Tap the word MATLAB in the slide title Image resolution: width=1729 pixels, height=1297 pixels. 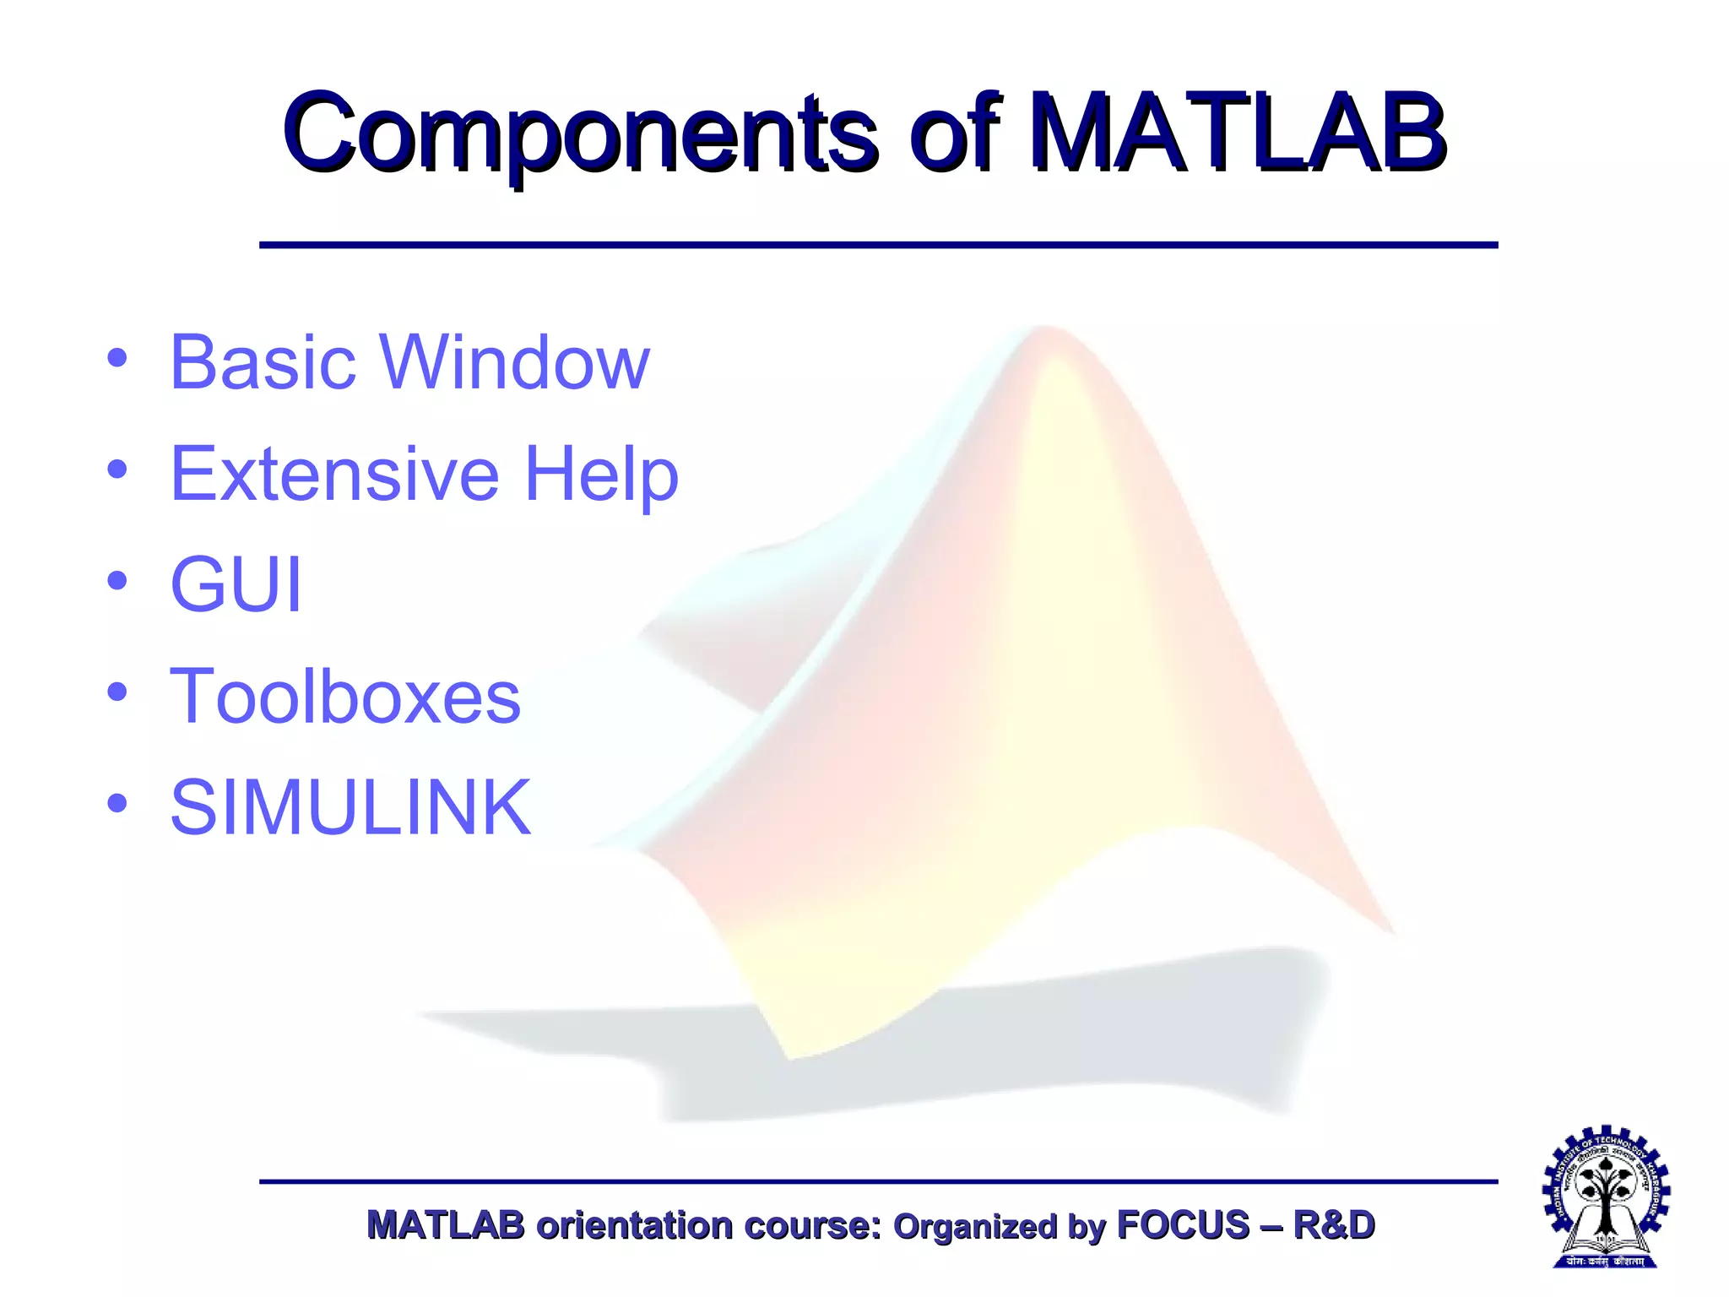point(1238,135)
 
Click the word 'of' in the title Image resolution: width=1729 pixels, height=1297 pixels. point(954,135)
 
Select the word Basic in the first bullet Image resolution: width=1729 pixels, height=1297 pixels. point(263,362)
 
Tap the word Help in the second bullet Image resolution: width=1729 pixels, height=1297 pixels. point(601,475)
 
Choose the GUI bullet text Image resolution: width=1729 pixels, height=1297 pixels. point(236,584)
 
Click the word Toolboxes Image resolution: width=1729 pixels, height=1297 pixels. point(344,696)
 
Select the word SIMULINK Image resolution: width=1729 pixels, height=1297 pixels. point(350,807)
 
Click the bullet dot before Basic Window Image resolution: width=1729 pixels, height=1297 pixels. point(117,358)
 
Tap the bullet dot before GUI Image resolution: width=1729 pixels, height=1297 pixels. point(117,581)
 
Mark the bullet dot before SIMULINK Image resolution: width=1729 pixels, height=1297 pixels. point(117,803)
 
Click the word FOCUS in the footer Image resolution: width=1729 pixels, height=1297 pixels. point(1183,1225)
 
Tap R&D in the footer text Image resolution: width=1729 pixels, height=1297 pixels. point(1334,1225)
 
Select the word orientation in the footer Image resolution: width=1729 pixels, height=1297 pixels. point(634,1225)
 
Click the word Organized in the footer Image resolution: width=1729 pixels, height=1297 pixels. point(975,1227)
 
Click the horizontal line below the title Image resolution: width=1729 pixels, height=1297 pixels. point(878,245)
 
